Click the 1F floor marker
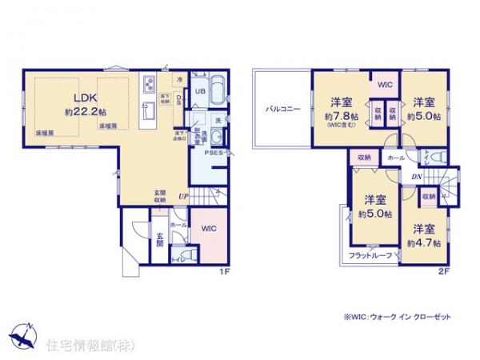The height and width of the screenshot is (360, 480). [x=225, y=271]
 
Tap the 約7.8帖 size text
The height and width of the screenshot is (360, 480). [x=342, y=116]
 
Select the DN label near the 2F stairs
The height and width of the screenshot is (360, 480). [x=417, y=177]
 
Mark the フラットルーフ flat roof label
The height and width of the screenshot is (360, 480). [x=369, y=255]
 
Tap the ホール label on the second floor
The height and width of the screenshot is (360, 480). [x=395, y=158]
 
